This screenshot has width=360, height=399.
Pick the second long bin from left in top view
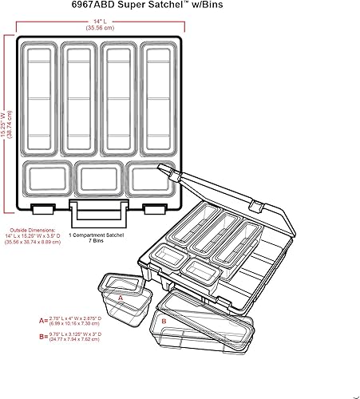80,98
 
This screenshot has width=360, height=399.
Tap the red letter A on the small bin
121,295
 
